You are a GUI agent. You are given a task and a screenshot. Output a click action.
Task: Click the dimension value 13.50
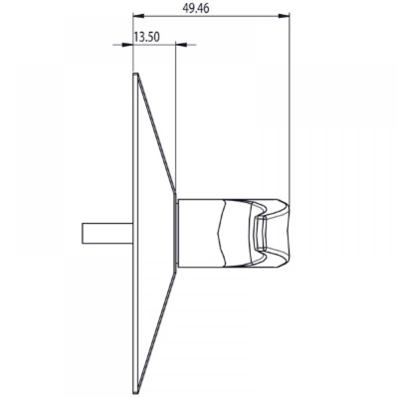click(x=146, y=37)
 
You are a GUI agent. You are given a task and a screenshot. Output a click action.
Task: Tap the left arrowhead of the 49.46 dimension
click(x=137, y=16)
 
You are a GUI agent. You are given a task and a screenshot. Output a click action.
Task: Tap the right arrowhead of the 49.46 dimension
click(x=284, y=16)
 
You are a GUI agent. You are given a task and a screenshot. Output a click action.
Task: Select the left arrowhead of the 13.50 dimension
click(x=127, y=45)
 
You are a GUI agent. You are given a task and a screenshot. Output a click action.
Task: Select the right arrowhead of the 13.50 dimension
click(x=181, y=45)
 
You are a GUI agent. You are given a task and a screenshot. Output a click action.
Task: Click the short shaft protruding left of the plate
click(x=107, y=233)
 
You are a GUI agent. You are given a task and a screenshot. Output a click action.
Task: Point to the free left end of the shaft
click(x=82, y=233)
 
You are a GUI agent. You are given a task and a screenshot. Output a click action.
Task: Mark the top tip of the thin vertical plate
click(x=135, y=74)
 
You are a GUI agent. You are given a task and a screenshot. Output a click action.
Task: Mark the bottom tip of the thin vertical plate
click(x=135, y=390)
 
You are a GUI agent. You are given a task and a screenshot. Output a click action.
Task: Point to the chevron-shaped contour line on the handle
click(x=221, y=233)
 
